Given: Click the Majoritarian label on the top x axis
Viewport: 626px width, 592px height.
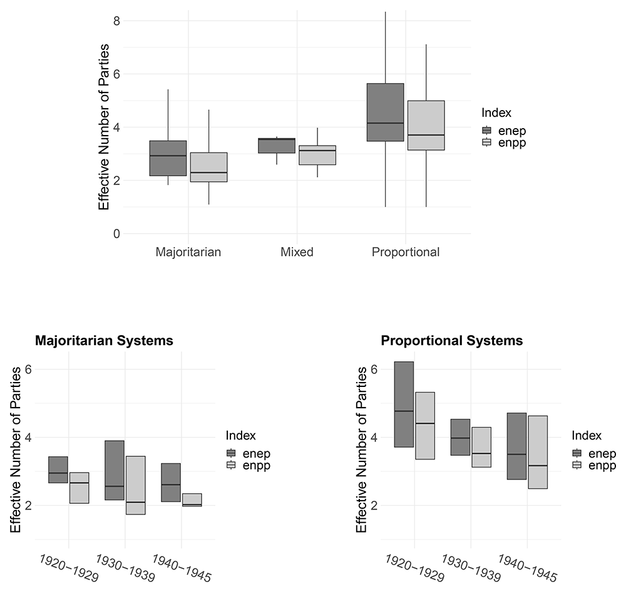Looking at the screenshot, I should (x=188, y=253).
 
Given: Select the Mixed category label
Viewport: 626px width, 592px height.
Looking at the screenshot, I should (x=297, y=253).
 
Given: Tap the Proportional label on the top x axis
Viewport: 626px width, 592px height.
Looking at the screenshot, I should (x=406, y=253).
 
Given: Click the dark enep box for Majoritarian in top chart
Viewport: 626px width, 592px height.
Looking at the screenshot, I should (x=168, y=158).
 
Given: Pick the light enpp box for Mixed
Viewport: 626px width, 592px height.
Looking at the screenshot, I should (x=317, y=155).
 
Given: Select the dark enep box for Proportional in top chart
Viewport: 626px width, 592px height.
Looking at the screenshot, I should (x=385, y=113).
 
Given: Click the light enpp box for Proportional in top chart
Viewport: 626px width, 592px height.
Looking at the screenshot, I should (x=426, y=125).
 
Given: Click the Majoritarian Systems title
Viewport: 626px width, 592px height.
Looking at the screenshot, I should (x=104, y=341).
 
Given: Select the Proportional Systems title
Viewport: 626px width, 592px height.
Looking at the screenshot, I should (x=451, y=341).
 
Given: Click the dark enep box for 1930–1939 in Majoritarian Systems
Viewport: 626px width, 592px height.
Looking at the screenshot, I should (x=114, y=470).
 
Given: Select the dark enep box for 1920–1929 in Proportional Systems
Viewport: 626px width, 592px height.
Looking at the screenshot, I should (x=404, y=404).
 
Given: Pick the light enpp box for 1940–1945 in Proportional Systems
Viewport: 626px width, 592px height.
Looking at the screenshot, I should (x=538, y=452).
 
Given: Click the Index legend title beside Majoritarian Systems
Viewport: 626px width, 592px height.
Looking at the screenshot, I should (x=241, y=436).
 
